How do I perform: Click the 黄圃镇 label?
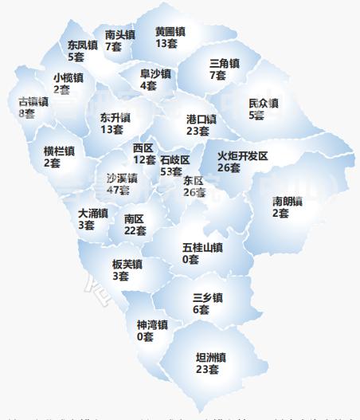coord(170,31)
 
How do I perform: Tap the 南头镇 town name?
coord(119,35)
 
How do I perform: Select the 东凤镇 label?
coord(82,45)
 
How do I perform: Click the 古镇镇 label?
coord(33,102)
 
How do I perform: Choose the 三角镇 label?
coord(224,63)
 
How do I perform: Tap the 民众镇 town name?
coord(263,104)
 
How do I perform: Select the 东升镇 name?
coord(115,117)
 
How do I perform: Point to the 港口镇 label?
coord(202,119)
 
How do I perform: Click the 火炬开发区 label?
coord(242,155)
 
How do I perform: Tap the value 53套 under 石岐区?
coord(171,171)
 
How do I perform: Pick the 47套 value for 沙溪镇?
coord(117,190)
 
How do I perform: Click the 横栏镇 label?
coord(59,151)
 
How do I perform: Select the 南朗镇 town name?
coord(287,201)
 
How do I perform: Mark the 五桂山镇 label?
coord(202,248)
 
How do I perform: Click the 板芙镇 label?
coord(127,265)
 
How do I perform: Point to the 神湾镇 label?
coord(151,325)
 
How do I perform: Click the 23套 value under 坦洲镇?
coord(207,370)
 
